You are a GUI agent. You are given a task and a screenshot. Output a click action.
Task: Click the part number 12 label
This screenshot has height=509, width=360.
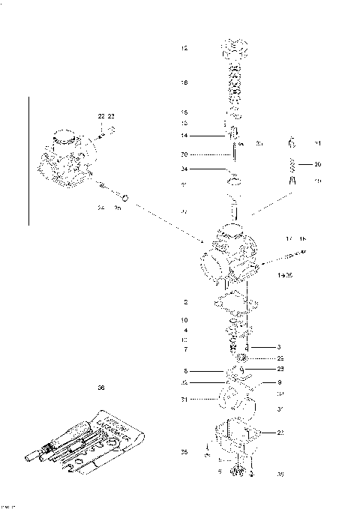tap(184, 48)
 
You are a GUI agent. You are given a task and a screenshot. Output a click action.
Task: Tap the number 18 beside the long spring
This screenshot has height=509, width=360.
tap(184, 82)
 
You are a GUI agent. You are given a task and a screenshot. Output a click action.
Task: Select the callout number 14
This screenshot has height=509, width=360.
tap(184, 136)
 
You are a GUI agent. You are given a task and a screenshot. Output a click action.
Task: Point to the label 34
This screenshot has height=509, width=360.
tap(184, 169)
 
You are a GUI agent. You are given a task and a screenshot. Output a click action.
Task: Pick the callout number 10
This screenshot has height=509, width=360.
tap(184, 320)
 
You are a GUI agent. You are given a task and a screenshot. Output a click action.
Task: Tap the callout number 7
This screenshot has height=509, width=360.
tap(184, 349)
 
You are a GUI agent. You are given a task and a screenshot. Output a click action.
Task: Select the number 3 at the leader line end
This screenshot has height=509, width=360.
tap(278, 347)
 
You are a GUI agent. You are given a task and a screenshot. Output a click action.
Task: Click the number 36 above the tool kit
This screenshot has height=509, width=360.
tap(101, 388)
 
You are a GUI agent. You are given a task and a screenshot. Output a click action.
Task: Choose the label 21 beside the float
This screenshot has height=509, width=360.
tap(184, 400)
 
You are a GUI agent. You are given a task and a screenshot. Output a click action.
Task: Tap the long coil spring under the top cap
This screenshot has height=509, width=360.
tap(234, 86)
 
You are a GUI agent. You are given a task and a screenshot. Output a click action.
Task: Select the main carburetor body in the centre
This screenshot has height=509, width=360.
tap(229, 255)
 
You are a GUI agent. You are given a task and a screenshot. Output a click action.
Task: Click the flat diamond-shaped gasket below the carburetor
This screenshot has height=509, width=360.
tap(234, 302)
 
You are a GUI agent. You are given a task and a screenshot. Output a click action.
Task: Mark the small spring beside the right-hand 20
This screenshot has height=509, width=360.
tap(294, 163)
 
